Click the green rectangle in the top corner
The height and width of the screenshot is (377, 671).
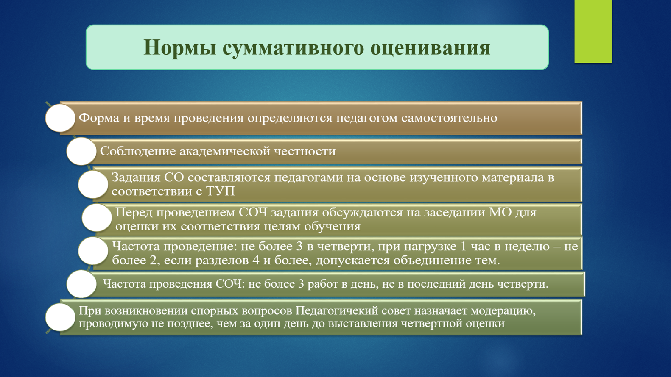tap(593, 31)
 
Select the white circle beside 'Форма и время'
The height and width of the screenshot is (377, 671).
tap(60, 118)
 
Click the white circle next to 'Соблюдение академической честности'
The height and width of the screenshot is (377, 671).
tap(81, 151)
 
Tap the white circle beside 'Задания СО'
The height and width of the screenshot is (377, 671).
tap(93, 184)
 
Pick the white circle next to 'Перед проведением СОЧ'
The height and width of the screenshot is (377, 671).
tap(97, 218)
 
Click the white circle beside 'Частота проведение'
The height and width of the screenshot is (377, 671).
tap(93, 251)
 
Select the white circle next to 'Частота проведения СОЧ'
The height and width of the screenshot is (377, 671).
tap(81, 284)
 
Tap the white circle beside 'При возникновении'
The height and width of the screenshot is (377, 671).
tap(60, 317)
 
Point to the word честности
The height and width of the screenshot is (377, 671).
tap(305, 151)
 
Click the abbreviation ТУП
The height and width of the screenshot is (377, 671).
tap(220, 191)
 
